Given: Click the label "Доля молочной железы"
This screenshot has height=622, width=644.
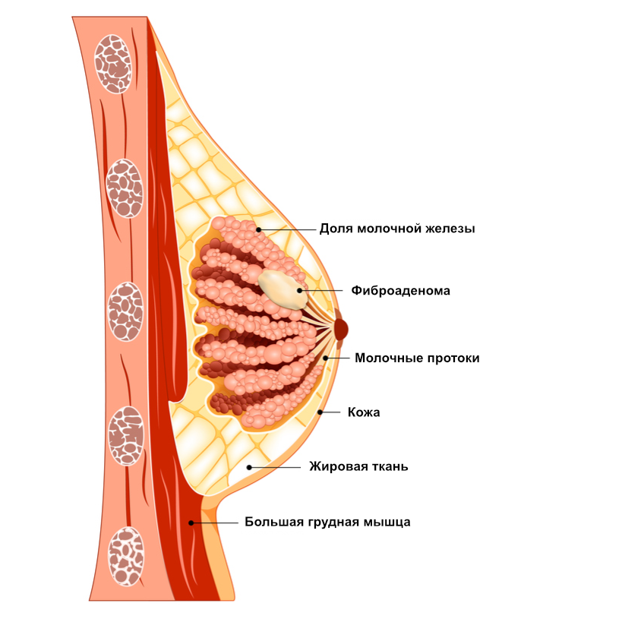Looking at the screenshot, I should click(x=397, y=229).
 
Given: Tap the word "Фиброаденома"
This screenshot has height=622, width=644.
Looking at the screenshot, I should click(x=401, y=290).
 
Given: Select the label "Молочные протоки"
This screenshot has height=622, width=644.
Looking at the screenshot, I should click(x=417, y=358).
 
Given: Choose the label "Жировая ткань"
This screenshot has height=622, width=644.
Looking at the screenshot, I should click(x=358, y=466).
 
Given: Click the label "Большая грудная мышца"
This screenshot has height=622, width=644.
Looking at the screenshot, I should click(x=327, y=523).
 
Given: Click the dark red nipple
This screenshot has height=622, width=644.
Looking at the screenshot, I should click(x=341, y=329).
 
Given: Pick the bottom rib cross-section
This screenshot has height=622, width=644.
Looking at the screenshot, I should click(x=125, y=557).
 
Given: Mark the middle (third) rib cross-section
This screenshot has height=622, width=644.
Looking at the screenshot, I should click(x=125, y=310).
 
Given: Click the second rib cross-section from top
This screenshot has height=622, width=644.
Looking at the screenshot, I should click(x=124, y=188).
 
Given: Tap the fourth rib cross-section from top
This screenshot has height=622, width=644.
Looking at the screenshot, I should click(x=126, y=435).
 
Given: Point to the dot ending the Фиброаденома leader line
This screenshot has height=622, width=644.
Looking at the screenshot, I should click(x=300, y=290).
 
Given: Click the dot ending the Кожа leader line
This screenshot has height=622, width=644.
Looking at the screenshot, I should click(x=320, y=412).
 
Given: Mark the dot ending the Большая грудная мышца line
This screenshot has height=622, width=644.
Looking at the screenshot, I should click(x=191, y=523).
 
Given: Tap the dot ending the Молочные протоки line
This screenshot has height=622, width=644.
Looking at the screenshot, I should click(x=325, y=358).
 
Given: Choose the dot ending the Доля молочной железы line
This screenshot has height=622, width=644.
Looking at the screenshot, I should click(x=259, y=229).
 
